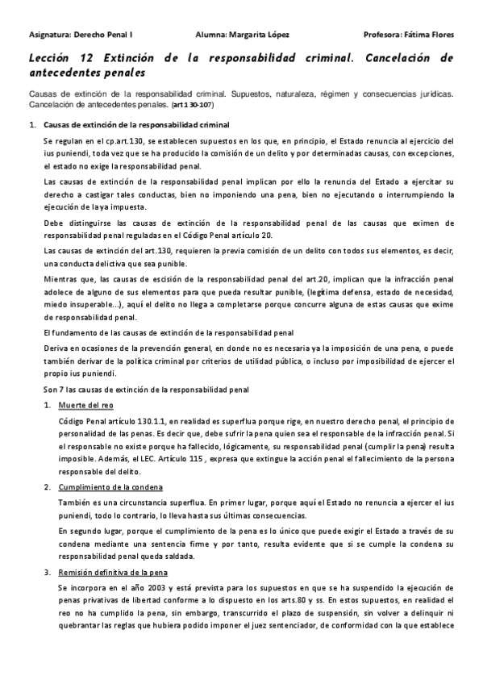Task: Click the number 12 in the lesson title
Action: click(87, 58)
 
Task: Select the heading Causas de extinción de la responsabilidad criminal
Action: click(135, 125)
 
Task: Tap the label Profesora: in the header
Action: click(382, 35)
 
